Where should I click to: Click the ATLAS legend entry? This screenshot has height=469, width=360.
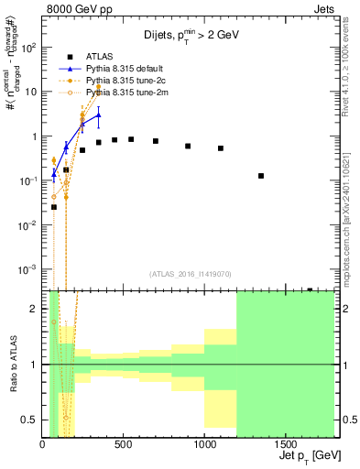(x=102, y=57)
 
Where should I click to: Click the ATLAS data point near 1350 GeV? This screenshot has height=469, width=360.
(x=261, y=176)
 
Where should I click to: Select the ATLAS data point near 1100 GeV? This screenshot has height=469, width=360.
(x=221, y=148)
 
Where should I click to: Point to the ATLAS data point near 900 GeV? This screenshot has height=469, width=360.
(x=188, y=146)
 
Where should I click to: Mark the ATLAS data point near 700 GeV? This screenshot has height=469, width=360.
(x=156, y=141)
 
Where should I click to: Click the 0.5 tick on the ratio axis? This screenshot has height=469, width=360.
(x=32, y=420)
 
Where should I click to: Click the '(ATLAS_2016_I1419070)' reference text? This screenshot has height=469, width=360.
(x=189, y=273)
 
